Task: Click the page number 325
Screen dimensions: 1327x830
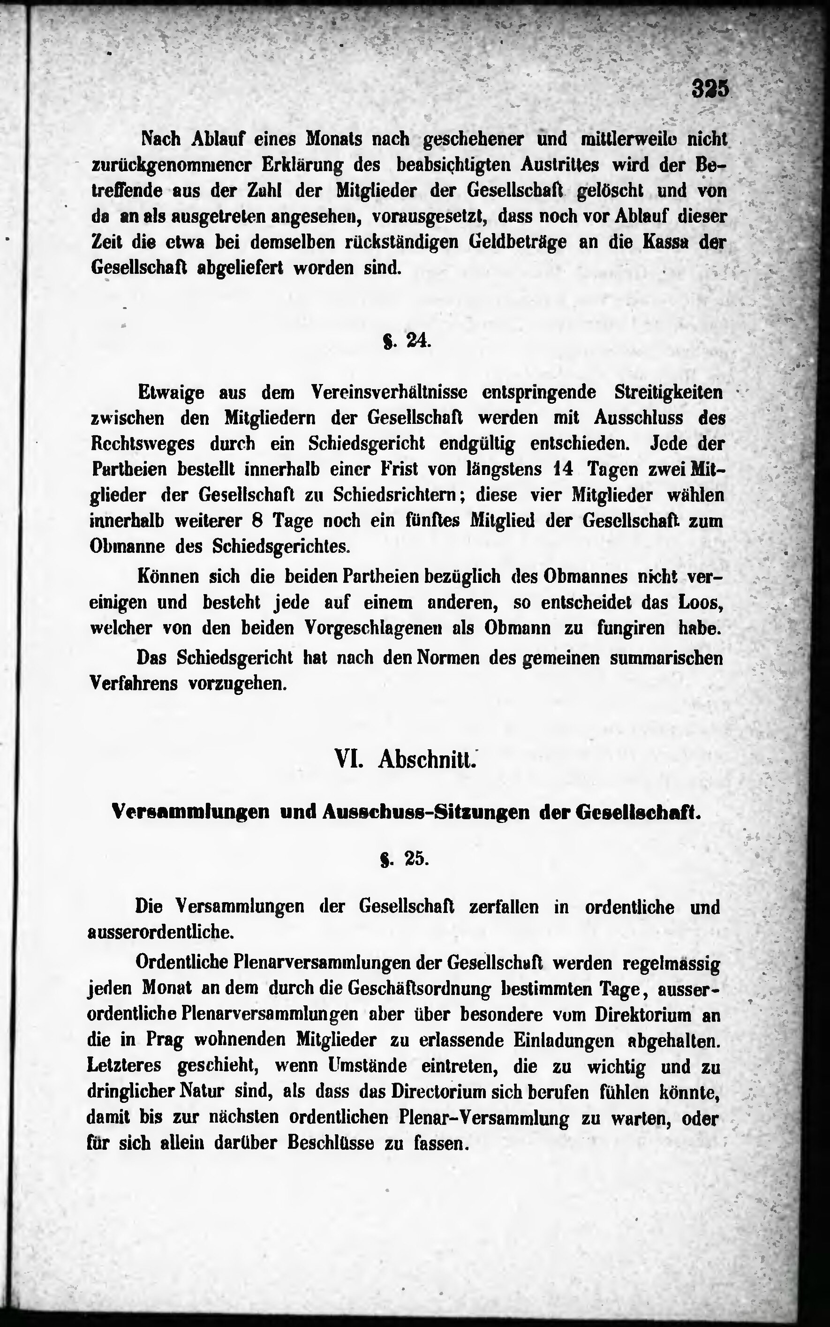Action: (710, 88)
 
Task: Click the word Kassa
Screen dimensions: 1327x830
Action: (666, 242)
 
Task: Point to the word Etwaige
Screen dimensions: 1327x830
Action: (171, 393)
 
